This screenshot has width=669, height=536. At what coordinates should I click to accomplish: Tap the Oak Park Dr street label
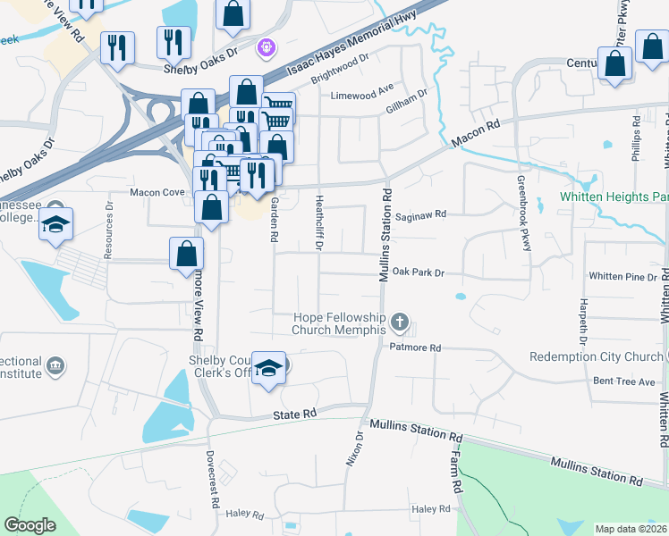418,271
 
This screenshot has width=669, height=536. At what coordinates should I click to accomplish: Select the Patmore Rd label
416,348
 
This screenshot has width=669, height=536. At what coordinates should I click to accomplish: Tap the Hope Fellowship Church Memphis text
340,323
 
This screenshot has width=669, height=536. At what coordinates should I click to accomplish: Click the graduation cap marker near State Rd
267,368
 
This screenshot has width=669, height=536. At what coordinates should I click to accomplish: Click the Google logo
30,524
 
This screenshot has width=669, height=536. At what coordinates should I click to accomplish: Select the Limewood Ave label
362,96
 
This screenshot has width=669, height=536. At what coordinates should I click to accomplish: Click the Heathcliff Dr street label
319,222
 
